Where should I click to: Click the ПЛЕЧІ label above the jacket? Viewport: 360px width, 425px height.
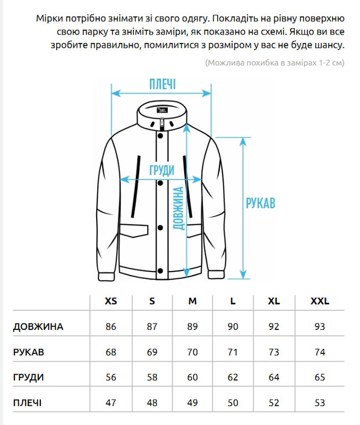point(162,84)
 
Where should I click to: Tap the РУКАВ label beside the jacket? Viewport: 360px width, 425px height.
point(260,203)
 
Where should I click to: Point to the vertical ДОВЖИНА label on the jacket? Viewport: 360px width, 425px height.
point(179,208)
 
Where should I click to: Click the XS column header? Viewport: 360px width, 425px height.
point(110,301)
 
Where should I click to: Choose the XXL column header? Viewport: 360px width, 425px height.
point(320,301)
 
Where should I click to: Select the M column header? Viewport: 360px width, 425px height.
point(192,301)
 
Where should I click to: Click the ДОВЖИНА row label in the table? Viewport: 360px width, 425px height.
point(38,327)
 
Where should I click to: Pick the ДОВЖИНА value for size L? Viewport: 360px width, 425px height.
point(233,327)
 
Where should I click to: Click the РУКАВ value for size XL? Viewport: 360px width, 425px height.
point(273,352)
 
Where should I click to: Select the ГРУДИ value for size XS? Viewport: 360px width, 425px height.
point(110,378)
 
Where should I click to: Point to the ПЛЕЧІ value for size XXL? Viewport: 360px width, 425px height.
point(320,403)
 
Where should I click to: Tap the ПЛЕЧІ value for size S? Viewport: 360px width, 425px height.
point(152,403)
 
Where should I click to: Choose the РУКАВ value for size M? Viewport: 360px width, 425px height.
point(192,352)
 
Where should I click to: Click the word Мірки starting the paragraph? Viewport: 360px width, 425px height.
point(49,19)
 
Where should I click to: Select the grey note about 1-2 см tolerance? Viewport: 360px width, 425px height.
point(275,63)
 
